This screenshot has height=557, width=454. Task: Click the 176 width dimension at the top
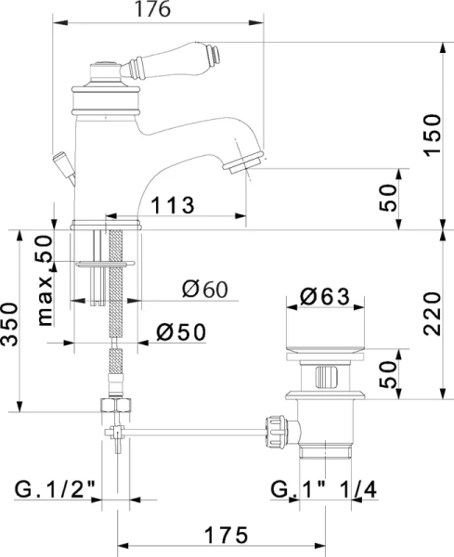[x=153, y=9]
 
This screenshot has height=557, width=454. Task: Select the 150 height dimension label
[x=433, y=135]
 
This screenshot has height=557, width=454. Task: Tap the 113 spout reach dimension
[x=173, y=205]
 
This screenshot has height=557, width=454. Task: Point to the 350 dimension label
[x=9, y=324]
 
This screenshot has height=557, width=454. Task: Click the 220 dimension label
[x=433, y=314]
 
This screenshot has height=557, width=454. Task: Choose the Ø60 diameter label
[x=204, y=289]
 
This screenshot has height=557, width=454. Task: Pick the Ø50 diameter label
[x=181, y=332]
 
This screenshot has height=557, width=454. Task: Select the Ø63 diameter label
[x=325, y=297]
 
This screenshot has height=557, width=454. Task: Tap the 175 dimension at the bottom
[x=227, y=535]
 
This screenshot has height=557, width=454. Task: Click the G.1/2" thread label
[x=55, y=490]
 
